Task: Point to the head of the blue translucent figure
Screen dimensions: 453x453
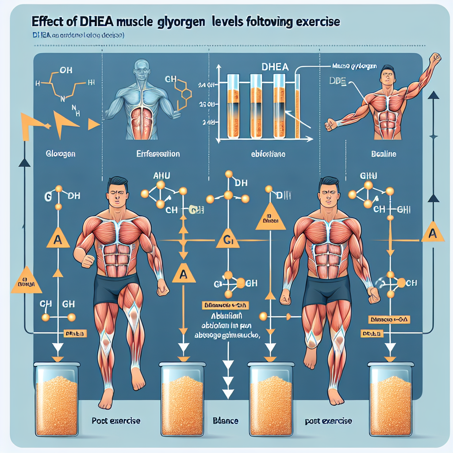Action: tap(141, 68)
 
